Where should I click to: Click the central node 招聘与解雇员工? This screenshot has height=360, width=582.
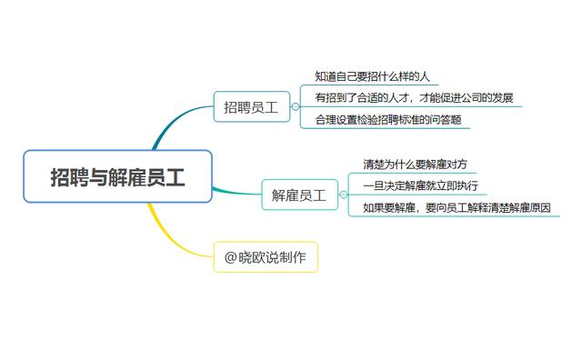[117, 176]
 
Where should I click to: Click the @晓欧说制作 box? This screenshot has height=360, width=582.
[266, 257]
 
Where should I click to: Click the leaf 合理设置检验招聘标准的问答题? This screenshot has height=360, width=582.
[387, 120]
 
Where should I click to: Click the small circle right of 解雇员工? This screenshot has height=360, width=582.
[343, 194]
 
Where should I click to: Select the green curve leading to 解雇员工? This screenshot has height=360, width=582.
[236, 192]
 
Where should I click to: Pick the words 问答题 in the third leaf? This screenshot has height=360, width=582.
[445, 120]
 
